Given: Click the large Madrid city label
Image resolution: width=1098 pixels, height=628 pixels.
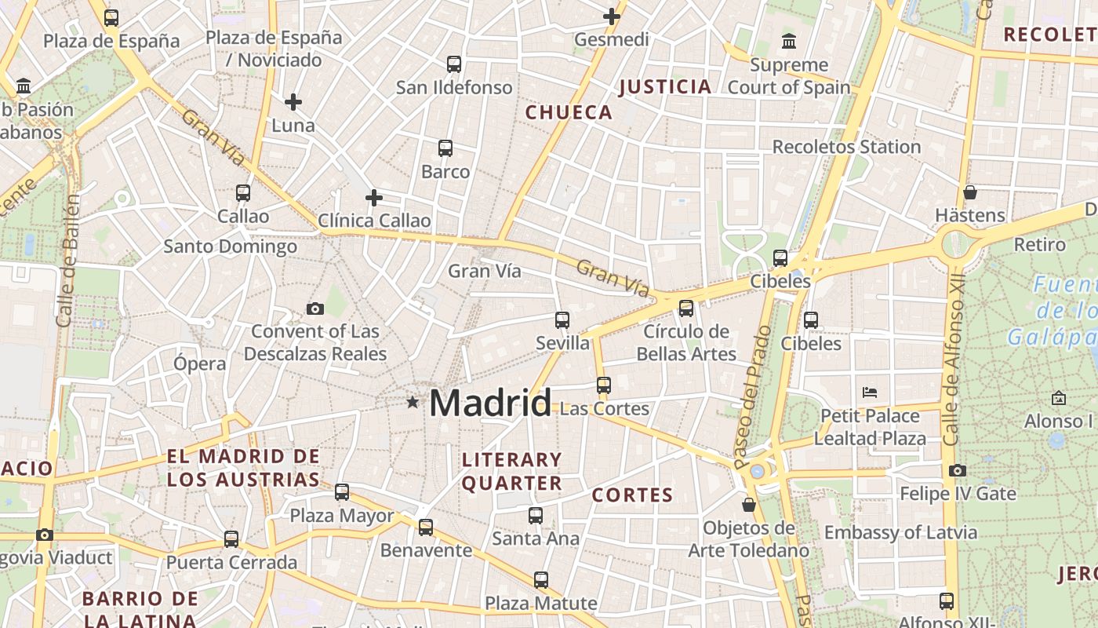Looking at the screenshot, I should click(490, 403).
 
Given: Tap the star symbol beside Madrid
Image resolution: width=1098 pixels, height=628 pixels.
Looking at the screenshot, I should click(413, 402).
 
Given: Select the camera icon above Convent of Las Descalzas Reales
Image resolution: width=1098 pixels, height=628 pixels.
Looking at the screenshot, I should click(315, 309).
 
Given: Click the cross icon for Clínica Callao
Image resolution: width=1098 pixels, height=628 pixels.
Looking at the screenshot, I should click(374, 197).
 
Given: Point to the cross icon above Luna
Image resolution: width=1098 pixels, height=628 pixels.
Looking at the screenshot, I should click(293, 101).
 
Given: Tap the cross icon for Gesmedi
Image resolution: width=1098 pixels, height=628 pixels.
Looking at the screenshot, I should click(612, 16).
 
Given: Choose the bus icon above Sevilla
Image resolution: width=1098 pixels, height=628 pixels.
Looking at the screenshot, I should click(562, 319).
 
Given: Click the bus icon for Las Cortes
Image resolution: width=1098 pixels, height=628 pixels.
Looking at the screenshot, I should click(603, 385).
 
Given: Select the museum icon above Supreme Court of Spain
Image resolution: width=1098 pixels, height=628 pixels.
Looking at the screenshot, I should click(789, 41).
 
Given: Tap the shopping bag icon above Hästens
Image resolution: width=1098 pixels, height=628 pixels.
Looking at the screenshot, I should click(970, 192).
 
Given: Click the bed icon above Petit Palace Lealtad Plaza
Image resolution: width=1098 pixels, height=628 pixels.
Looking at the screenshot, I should click(869, 392).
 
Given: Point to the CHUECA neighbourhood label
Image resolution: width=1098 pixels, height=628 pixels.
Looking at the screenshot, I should click(569, 112).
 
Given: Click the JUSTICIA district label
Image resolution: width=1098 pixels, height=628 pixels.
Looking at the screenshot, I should click(665, 86).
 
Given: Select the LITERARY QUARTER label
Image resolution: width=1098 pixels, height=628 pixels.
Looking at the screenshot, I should click(512, 471).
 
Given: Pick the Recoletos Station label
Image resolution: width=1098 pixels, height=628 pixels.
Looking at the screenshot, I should click(846, 147).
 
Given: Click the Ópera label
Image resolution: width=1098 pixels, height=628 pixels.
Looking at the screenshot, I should click(200, 363).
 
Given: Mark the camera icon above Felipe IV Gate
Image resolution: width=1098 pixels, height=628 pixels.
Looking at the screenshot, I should click(958, 470).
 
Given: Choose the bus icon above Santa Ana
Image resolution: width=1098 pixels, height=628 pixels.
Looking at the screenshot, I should click(536, 515).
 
